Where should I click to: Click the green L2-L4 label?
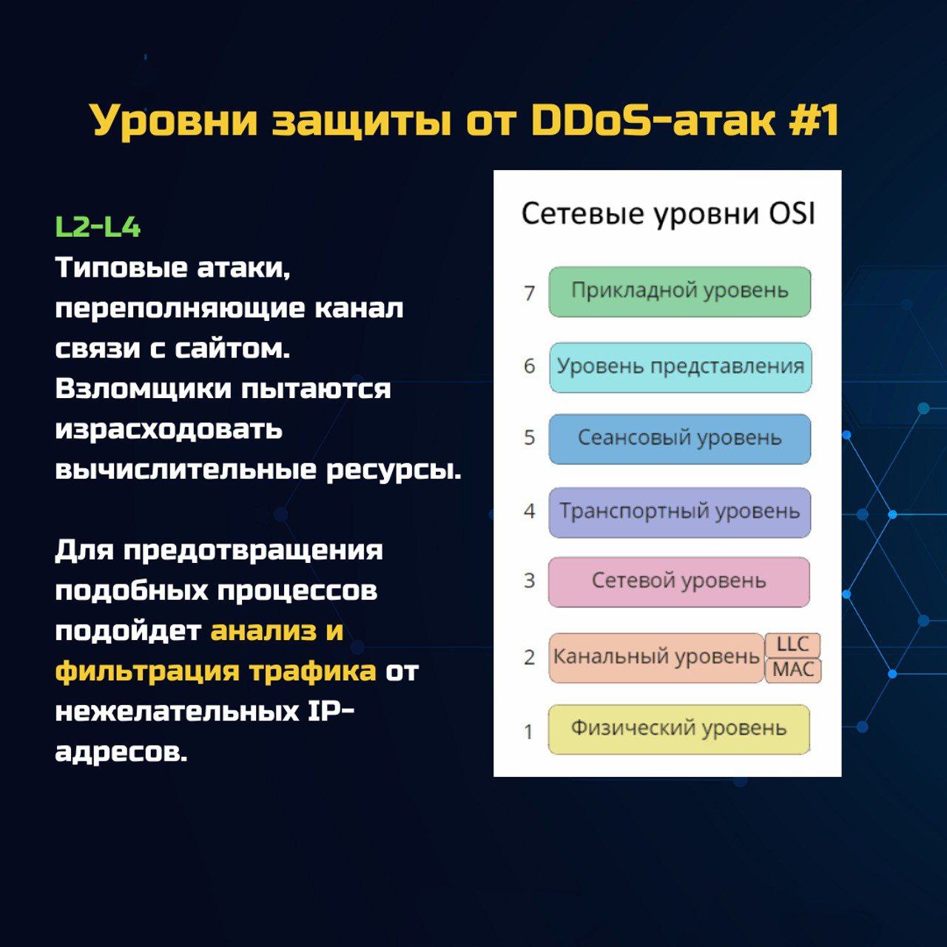[x=98, y=227]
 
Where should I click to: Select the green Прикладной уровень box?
[x=680, y=291]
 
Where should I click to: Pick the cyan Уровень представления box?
[x=680, y=367]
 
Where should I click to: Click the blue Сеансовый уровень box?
[x=680, y=439]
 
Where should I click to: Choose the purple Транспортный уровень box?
[x=680, y=512]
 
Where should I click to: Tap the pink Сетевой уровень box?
[x=679, y=582]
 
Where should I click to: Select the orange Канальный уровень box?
[x=656, y=658]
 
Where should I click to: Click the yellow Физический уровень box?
[x=679, y=729]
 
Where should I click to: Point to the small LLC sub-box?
[x=792, y=644]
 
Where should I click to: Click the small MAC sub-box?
[x=793, y=670]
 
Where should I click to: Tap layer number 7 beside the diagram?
[x=529, y=294]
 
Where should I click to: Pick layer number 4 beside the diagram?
[x=529, y=511]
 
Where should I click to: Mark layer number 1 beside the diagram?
[x=529, y=732]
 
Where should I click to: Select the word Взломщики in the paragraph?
[x=143, y=390]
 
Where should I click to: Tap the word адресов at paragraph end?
[x=121, y=752]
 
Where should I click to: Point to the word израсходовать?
[x=169, y=431]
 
